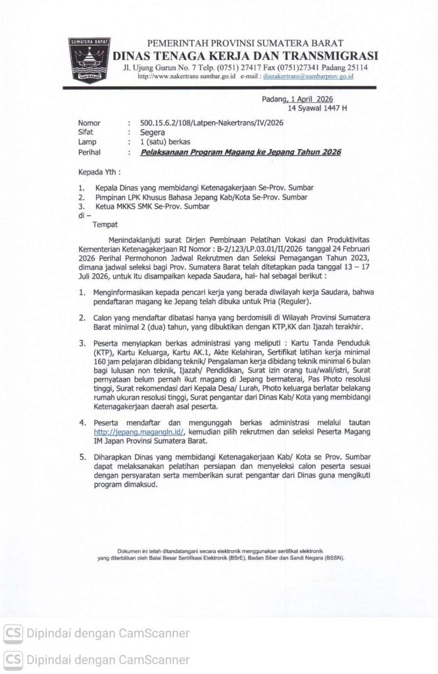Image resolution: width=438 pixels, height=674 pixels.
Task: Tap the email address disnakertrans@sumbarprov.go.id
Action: (308, 77)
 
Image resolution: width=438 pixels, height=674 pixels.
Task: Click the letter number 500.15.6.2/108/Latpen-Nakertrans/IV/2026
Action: (212, 123)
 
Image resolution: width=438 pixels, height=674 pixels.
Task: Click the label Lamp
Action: (87, 142)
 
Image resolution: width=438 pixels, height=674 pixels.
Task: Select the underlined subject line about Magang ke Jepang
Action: (240, 152)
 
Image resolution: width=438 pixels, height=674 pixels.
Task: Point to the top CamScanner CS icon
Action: (12, 634)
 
